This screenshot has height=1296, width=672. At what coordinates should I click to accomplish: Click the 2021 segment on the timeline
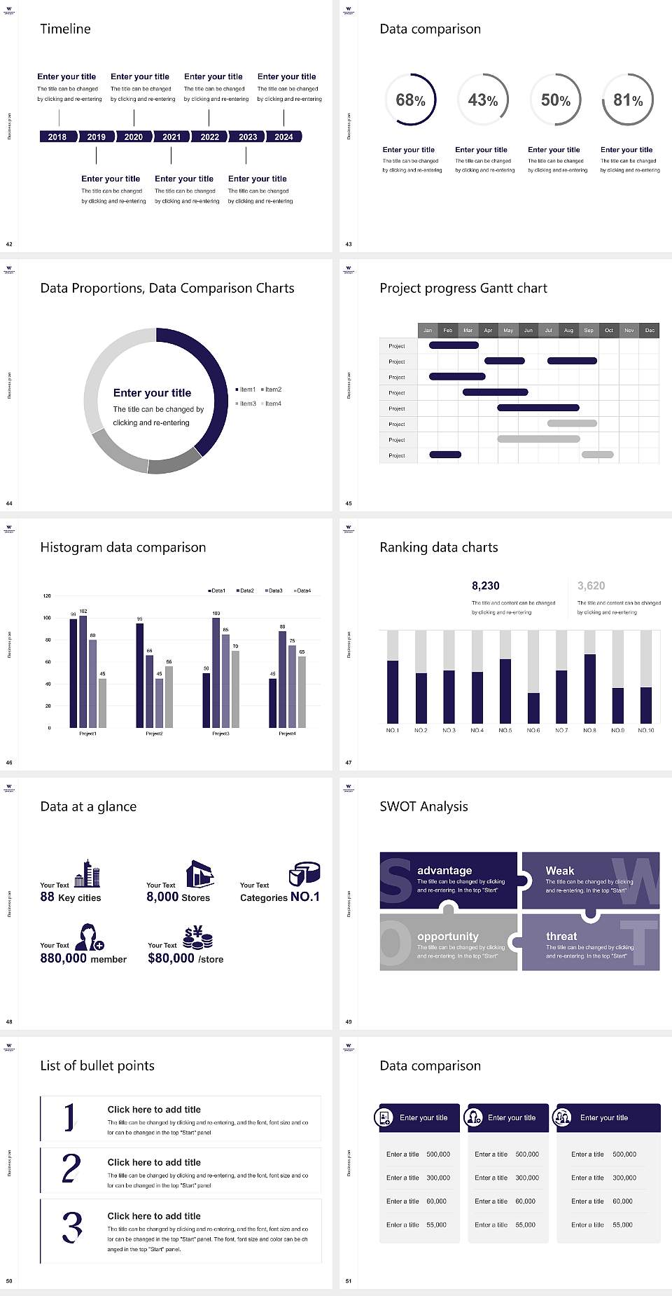tap(171, 137)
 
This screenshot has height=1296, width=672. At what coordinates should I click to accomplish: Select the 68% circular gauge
tap(410, 99)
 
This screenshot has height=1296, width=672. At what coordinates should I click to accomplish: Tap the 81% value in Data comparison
tap(628, 100)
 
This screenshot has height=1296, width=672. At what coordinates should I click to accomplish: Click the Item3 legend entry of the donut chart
tap(246, 404)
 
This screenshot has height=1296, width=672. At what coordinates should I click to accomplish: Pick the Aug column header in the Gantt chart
tap(568, 330)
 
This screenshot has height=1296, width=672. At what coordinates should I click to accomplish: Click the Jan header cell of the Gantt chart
tap(428, 330)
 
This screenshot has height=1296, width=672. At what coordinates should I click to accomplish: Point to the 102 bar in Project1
tap(83, 669)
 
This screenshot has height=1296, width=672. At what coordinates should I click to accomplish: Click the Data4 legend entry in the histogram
tap(302, 591)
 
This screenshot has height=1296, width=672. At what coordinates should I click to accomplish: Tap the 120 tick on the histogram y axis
tap(47, 595)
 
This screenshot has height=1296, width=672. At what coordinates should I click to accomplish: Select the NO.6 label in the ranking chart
tap(533, 730)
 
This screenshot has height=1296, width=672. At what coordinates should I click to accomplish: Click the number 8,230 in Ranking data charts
tap(486, 586)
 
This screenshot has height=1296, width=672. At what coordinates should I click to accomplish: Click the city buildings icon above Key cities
tap(87, 874)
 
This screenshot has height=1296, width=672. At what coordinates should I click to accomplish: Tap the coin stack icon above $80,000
tap(197, 937)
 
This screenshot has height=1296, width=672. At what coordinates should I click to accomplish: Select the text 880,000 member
tap(83, 958)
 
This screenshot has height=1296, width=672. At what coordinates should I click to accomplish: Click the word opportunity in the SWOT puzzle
tap(448, 936)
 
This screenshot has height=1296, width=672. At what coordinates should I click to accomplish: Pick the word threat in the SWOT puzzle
tap(561, 936)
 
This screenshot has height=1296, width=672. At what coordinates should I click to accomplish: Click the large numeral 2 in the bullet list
tap(71, 1169)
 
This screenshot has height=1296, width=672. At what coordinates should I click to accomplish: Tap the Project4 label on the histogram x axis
tap(287, 733)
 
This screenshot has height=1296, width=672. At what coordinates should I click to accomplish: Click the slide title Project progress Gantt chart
tap(463, 288)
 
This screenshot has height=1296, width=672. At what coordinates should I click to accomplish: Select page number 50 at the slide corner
tap(9, 1281)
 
